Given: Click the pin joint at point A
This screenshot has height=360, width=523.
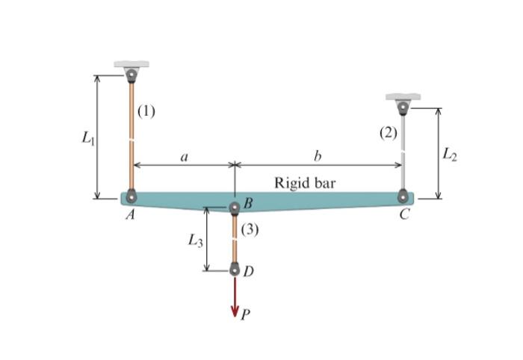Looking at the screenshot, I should (x=131, y=197).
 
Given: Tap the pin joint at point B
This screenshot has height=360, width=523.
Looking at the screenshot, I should (x=235, y=206).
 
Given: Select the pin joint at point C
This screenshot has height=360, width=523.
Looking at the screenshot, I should (x=403, y=197).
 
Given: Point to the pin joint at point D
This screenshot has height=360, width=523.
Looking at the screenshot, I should (x=235, y=270).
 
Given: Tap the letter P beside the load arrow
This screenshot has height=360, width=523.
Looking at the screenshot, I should (x=245, y=316).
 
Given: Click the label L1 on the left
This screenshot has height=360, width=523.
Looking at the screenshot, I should (x=87, y=137).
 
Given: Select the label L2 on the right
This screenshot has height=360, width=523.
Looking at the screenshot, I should (x=448, y=154).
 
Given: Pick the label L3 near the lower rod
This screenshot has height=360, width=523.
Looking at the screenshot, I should (x=195, y=240).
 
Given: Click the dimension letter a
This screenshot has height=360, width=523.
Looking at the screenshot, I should (x=184, y=157).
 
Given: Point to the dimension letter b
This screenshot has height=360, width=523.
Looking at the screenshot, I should (x=318, y=157).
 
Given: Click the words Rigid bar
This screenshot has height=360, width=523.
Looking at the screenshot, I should (x=305, y=182).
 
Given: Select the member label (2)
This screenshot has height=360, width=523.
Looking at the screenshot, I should (x=388, y=134).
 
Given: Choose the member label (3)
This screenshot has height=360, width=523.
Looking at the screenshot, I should (x=250, y=229).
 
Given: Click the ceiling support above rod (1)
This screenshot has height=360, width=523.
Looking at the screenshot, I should (x=131, y=66).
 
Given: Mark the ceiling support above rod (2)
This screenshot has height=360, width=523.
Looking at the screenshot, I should (x=403, y=99).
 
